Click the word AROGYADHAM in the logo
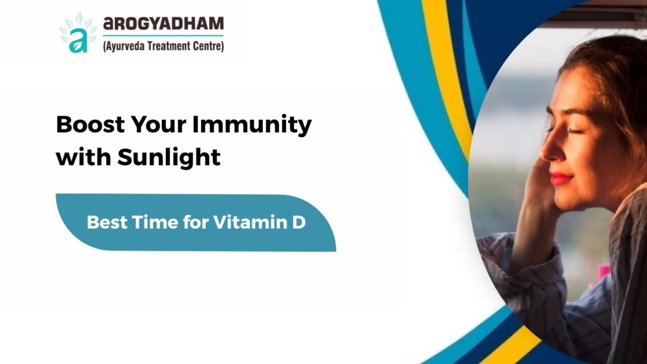[164, 24]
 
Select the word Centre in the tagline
[204, 46]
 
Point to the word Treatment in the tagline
[168, 46]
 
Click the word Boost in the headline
[89, 125]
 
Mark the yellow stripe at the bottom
[512, 347]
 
